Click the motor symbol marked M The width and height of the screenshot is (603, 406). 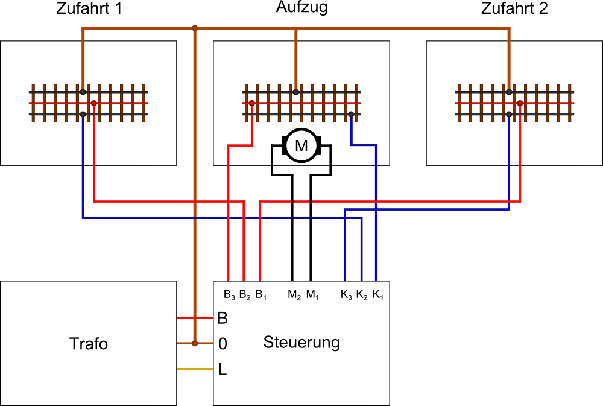click(300, 145)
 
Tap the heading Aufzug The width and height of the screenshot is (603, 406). click(302, 8)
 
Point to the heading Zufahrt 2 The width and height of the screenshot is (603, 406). click(514, 9)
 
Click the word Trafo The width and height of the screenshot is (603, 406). click(89, 344)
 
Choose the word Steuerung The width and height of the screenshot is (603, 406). click(301, 343)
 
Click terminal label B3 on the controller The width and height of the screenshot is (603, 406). click(229, 295)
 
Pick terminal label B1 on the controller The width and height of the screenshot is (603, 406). click(261, 295)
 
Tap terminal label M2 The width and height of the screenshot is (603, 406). click(294, 295)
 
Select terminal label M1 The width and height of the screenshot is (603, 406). click(312, 295)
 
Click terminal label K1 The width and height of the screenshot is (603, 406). click(377, 295)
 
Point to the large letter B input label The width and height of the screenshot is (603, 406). click(223, 318)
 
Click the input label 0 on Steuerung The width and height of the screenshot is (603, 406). click(223, 344)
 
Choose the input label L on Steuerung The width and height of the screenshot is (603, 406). click(223, 370)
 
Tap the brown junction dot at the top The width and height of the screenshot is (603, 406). click(194, 28)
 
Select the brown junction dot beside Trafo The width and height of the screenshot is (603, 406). click(194, 343)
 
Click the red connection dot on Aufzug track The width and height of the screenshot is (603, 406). click(251, 103)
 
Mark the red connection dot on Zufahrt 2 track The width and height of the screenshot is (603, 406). click(520, 103)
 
